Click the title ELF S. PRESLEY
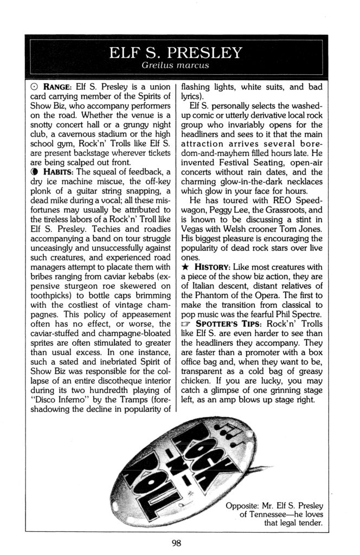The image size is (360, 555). tap(175, 53)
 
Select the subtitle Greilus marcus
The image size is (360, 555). tap(175, 67)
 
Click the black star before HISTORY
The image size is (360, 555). tap(185, 267)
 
